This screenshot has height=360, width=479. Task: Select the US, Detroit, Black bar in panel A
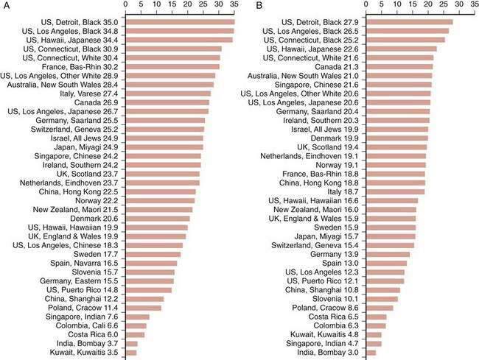[181, 23]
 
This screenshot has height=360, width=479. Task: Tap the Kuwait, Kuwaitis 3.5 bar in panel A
[132, 353]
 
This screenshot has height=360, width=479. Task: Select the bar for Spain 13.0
[386, 264]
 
